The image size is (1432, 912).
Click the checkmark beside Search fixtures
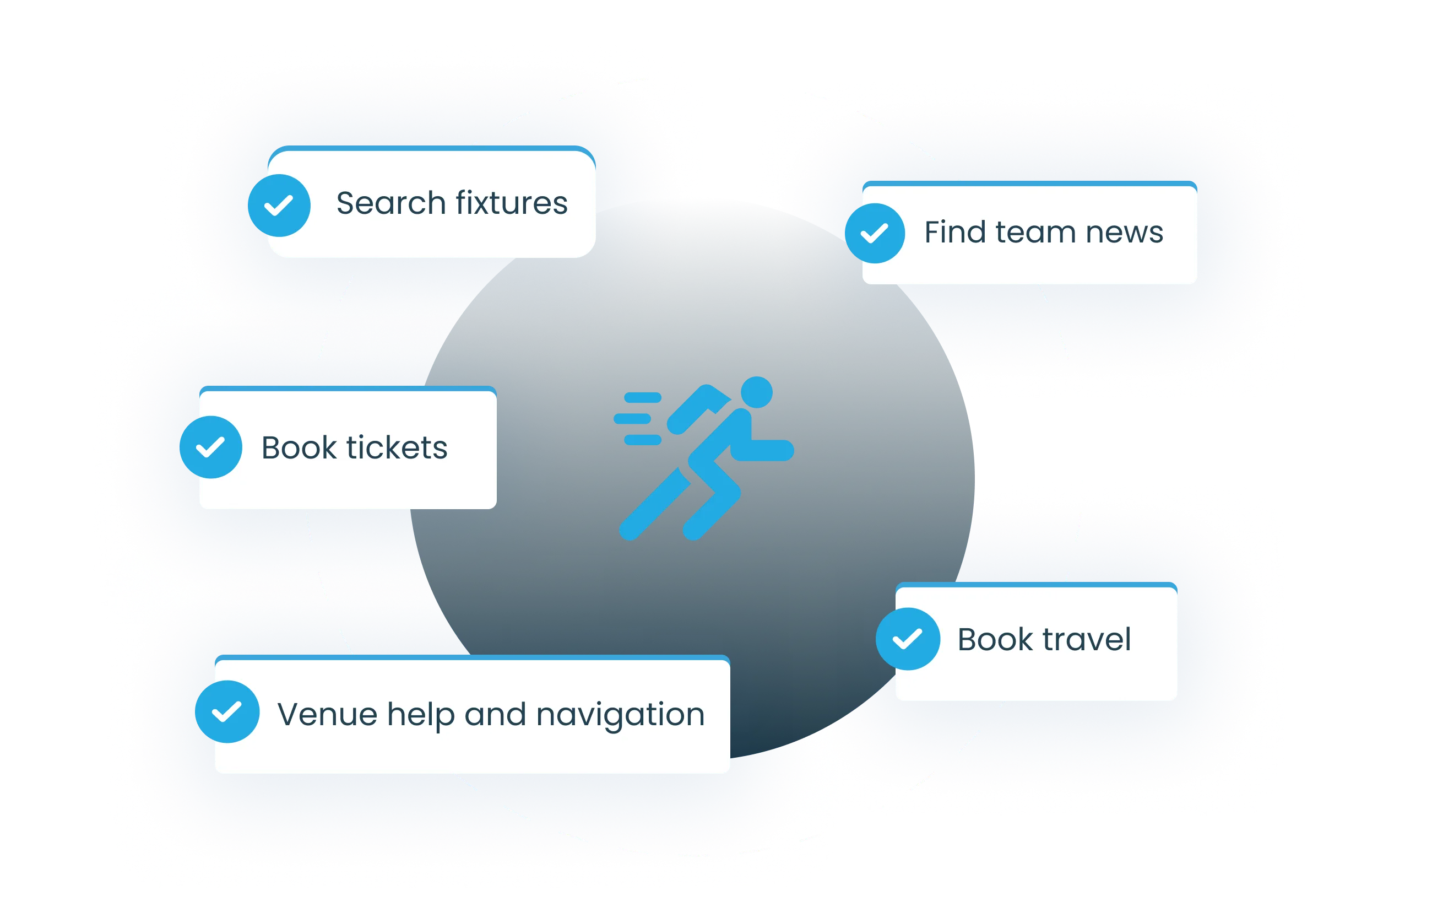click(x=279, y=205)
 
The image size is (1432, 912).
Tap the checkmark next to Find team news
click(x=875, y=233)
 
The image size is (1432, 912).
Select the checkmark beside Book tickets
click(x=210, y=447)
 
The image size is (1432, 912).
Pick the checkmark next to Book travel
click(x=908, y=639)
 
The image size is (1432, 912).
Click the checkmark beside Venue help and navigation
click(x=227, y=711)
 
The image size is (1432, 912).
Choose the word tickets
click(x=397, y=447)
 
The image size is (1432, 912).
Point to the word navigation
click(x=620, y=715)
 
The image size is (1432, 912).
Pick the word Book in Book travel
click(x=995, y=640)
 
